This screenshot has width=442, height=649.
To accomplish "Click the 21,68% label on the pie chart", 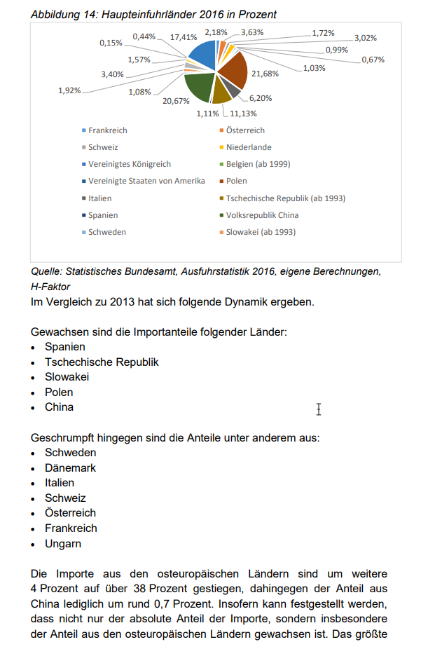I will [x=265, y=74].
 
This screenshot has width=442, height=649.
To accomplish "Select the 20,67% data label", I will [x=176, y=101].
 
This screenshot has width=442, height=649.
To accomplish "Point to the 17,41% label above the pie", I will [x=184, y=37].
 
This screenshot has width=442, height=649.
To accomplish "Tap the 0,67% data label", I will [x=373, y=60].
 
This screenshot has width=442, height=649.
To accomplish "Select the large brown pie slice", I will [x=234, y=69].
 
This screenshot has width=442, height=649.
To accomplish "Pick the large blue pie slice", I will [x=202, y=53].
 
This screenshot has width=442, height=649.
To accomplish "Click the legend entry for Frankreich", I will [x=107, y=130].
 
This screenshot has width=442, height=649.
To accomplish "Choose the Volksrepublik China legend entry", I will [x=262, y=215].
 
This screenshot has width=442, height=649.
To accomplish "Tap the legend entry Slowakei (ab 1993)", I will [x=261, y=232].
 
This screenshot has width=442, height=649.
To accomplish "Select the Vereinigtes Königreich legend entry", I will [x=129, y=164].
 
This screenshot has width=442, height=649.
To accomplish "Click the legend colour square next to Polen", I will [x=221, y=182].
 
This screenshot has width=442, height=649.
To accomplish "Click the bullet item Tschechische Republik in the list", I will [x=102, y=362].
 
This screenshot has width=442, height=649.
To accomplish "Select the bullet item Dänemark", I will [x=70, y=467].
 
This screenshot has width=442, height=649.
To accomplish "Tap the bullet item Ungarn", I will [x=63, y=543].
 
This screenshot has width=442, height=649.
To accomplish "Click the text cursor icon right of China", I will [x=319, y=409].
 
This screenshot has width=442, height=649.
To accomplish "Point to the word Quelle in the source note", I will [x=47, y=271].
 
